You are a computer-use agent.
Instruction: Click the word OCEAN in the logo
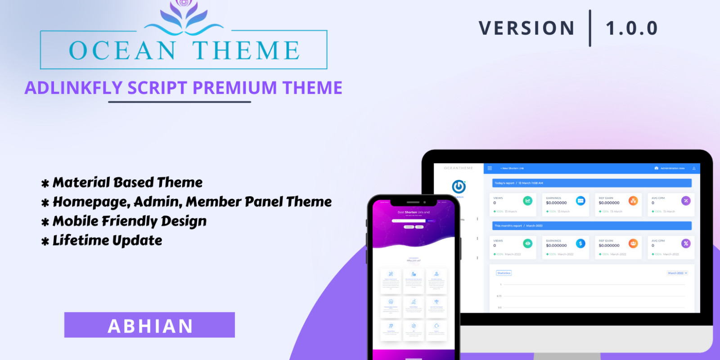click(x=122, y=50)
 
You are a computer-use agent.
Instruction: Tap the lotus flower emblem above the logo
click(x=183, y=16)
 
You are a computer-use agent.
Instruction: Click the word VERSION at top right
click(x=526, y=28)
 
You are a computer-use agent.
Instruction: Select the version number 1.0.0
click(x=632, y=28)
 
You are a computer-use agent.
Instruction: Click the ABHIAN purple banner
click(x=149, y=325)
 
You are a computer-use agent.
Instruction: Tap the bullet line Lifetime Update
click(x=107, y=240)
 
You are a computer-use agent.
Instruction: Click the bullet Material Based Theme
click(x=127, y=182)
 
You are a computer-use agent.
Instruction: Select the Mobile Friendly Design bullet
click(x=129, y=221)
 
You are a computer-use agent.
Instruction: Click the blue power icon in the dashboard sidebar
click(x=459, y=186)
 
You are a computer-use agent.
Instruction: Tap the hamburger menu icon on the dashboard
click(x=490, y=168)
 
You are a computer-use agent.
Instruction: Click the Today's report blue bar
click(x=592, y=183)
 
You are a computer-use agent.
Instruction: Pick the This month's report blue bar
click(x=592, y=225)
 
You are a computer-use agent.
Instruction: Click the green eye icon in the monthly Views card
click(x=528, y=243)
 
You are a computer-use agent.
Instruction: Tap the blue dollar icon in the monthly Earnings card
click(x=580, y=243)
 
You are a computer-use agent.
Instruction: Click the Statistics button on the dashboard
click(x=504, y=273)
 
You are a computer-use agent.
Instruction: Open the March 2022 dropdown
click(x=677, y=273)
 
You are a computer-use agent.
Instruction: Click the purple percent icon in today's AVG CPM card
click(x=686, y=201)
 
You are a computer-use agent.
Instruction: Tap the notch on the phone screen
click(x=413, y=202)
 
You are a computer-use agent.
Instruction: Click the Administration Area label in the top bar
click(x=672, y=168)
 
